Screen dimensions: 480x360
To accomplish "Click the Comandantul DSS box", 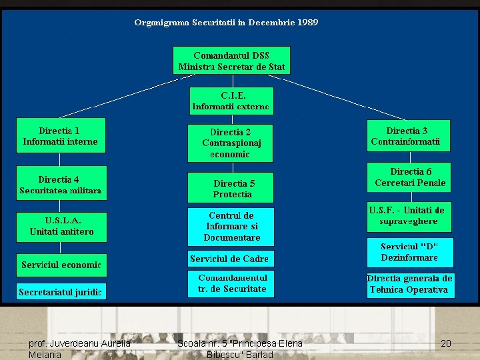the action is (x=231, y=60).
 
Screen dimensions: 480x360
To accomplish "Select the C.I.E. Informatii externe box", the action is (x=231, y=101).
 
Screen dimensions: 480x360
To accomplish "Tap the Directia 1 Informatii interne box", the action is (x=61, y=136).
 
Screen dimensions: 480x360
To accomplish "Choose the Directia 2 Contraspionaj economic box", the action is (x=231, y=143).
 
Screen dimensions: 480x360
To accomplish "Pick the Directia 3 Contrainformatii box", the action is (x=408, y=136).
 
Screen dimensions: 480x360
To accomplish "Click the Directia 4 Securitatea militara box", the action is (x=61, y=185).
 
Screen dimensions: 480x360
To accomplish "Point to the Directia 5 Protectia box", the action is (x=231, y=189).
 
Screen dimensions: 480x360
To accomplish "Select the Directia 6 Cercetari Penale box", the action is (x=409, y=177).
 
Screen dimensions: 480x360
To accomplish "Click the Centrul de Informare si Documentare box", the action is (x=231, y=227).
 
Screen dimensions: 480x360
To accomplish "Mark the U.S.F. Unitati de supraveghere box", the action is (x=409, y=215).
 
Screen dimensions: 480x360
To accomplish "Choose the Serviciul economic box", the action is (x=61, y=265).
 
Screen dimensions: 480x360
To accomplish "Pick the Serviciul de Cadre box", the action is (x=229, y=259).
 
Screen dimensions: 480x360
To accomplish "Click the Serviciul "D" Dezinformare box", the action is (x=409, y=252).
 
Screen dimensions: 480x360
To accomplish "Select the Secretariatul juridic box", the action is (x=61, y=292).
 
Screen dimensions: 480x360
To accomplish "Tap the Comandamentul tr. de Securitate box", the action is (x=231, y=283).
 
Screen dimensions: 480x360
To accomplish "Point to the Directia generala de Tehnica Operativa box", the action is (x=409, y=283).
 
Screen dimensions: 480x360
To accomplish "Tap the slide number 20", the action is (x=446, y=343).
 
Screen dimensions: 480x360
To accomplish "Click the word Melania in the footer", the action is (x=45, y=355).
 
